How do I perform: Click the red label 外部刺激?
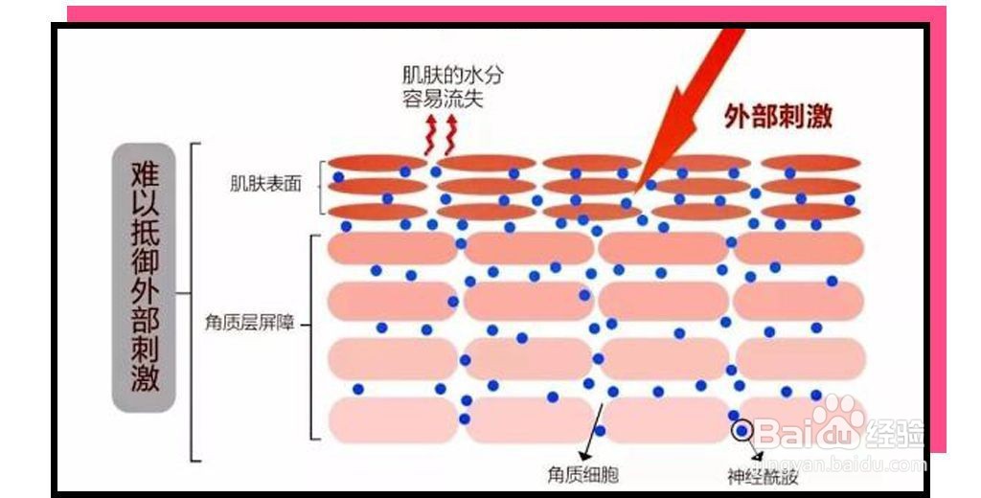(778, 116)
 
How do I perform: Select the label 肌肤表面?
(266, 184)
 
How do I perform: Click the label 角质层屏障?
(249, 324)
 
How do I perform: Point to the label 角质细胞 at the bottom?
(583, 475)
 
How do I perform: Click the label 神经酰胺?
(763, 477)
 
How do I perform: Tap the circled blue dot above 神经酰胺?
(742, 430)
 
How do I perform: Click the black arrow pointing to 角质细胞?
(591, 432)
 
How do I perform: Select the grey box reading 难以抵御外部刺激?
(144, 277)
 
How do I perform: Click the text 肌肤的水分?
(452, 76)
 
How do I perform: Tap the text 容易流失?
(443, 99)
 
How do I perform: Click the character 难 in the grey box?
(145, 174)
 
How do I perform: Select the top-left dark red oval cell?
(377, 164)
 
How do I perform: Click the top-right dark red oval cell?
(810, 164)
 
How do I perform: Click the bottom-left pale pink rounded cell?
(393, 419)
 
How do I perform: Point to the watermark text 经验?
(896, 432)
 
